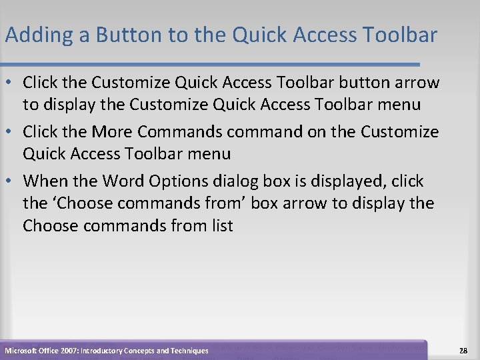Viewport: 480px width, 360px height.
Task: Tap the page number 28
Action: [x=463, y=350]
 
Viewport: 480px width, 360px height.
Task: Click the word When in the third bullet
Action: [x=45, y=181]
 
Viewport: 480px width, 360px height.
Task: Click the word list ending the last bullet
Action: [x=219, y=226]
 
